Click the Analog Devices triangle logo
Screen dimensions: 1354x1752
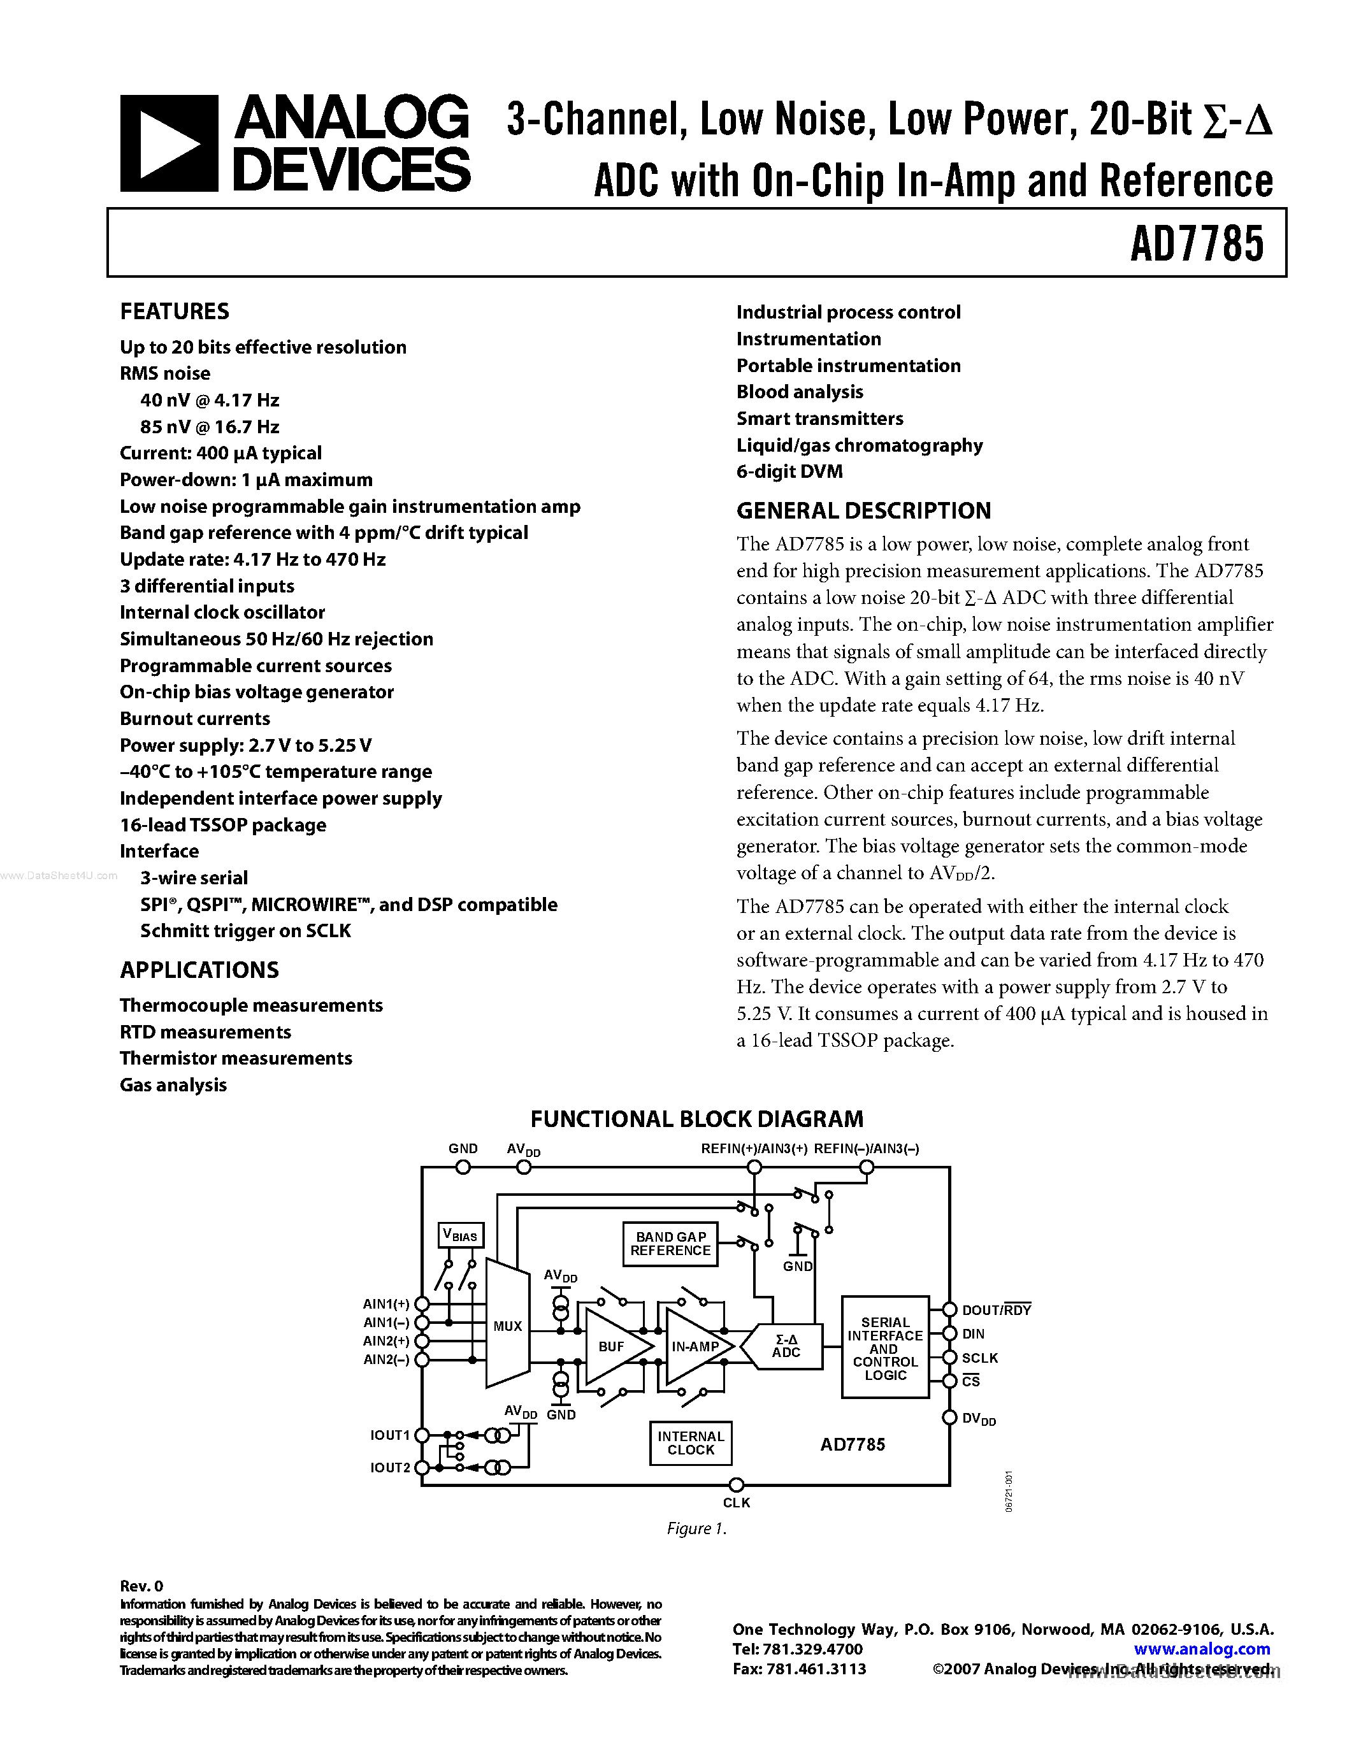point(168,143)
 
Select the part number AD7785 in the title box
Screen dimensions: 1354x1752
point(1196,244)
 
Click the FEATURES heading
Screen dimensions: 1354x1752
point(174,312)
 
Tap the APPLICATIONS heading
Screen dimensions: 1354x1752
point(199,970)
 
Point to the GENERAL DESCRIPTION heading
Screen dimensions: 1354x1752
point(863,511)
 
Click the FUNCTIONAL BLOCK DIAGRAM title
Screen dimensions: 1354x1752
point(696,1119)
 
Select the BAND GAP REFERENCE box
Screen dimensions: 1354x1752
point(670,1244)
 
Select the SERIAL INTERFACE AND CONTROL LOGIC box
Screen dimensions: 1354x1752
point(885,1347)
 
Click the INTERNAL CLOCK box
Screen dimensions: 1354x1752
point(691,1443)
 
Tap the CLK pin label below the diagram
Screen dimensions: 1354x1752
point(737,1502)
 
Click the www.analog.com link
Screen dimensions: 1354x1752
point(1202,1649)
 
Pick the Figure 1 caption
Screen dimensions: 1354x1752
point(696,1529)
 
